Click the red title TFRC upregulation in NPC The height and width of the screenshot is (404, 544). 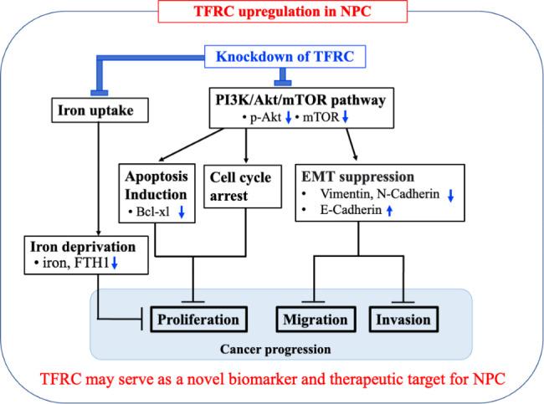271,12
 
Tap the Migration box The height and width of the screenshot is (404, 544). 316,319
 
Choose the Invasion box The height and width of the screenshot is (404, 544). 403,319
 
